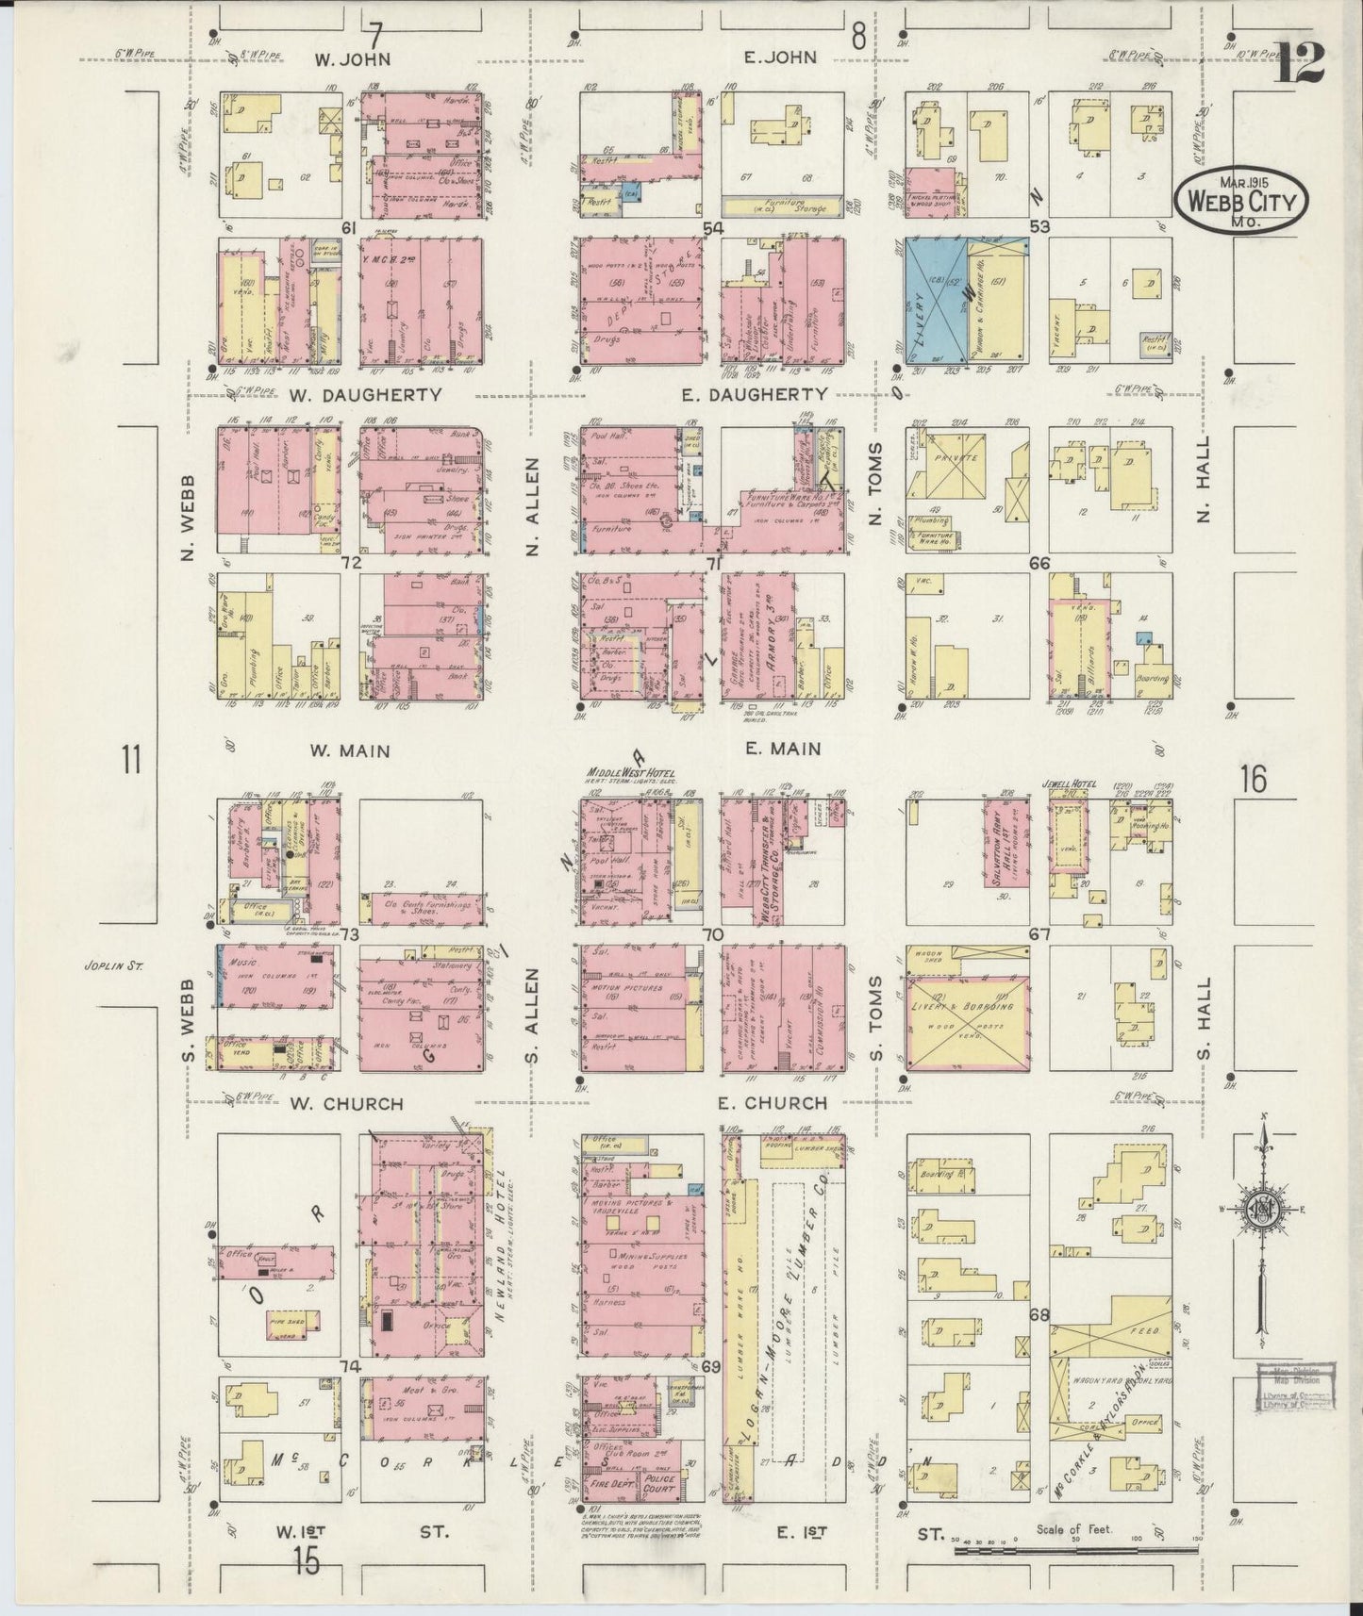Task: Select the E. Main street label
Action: coord(782,749)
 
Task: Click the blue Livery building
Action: coord(935,301)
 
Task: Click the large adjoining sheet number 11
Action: coord(130,759)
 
